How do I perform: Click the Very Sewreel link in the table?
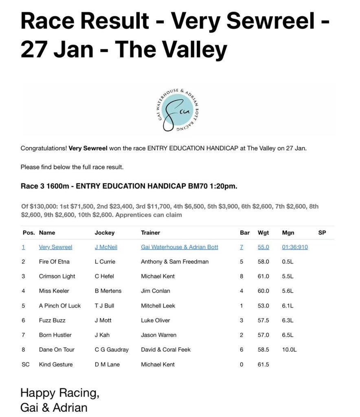55,247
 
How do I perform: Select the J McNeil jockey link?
106,247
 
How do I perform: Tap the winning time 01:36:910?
294,247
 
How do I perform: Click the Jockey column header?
105,233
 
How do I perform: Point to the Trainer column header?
150,233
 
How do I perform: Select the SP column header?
322,233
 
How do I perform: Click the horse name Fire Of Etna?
54,261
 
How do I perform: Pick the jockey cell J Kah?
102,335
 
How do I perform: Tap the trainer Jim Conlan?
155,291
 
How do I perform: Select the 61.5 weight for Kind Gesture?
263,364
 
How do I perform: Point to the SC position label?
25,364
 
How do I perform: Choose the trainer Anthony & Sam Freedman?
174,261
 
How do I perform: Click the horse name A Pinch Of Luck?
60,305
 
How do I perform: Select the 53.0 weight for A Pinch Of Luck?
263,305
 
